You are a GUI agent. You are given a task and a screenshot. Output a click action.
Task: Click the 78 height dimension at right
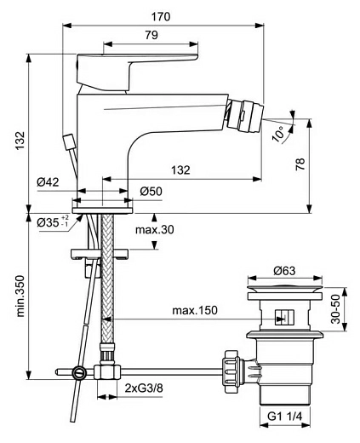(323, 166)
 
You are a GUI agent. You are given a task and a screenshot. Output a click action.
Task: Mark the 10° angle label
(277, 134)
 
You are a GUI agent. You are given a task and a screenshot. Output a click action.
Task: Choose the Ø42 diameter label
(48, 182)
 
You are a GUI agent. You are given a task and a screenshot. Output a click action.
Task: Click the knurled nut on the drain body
(231, 370)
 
